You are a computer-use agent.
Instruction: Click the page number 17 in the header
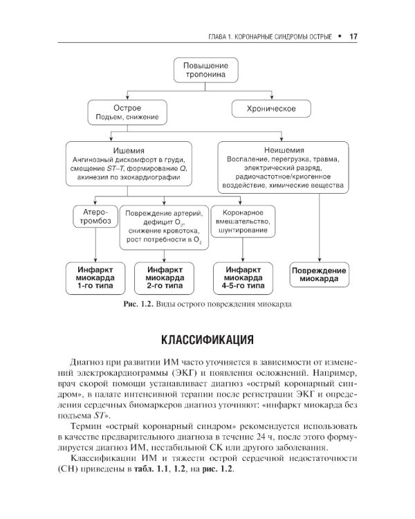(352, 36)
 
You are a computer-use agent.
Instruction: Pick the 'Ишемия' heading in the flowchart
(128, 149)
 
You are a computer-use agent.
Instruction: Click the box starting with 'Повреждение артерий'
(164, 225)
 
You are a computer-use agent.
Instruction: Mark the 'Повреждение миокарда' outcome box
(319, 274)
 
